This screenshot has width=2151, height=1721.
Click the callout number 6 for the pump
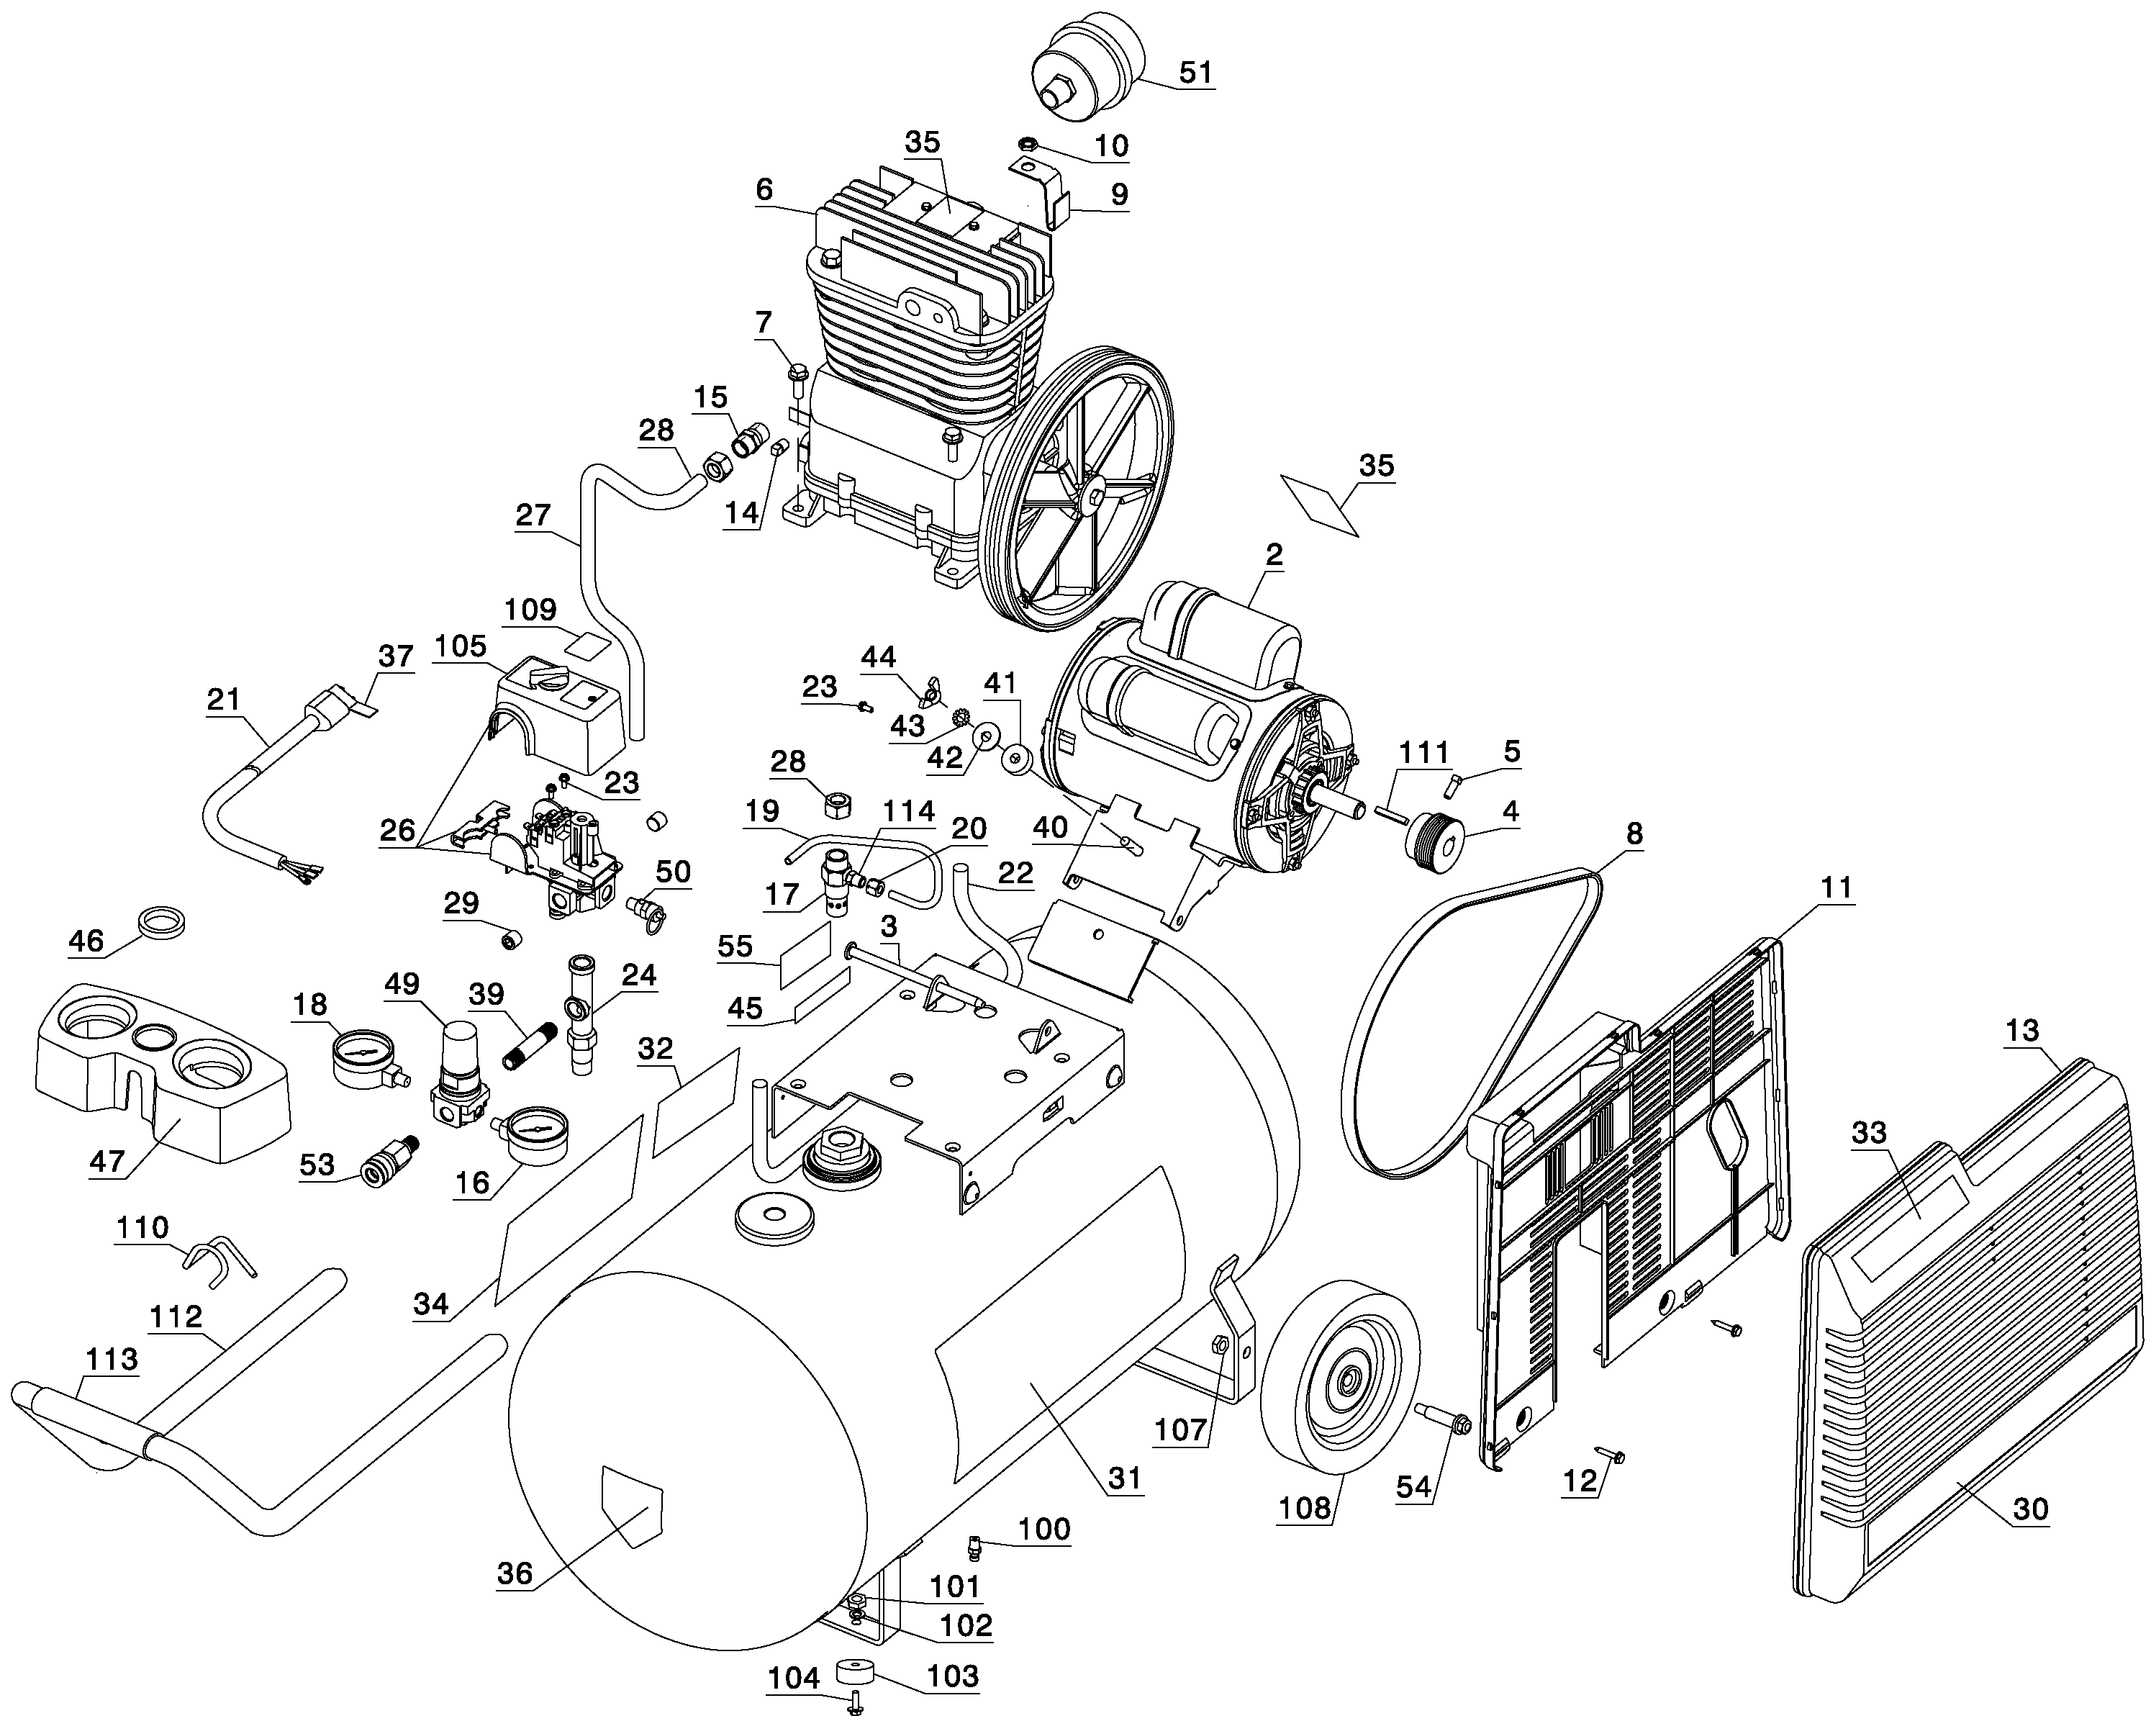pos(764,189)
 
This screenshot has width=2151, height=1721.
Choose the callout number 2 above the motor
pos(1274,555)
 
